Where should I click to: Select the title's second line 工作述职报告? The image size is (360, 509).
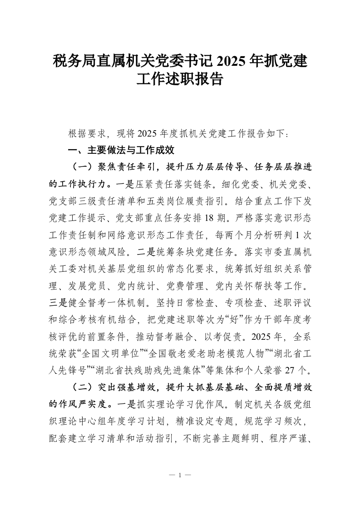click(x=180, y=80)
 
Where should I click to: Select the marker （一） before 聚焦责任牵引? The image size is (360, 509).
click(x=80, y=167)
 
